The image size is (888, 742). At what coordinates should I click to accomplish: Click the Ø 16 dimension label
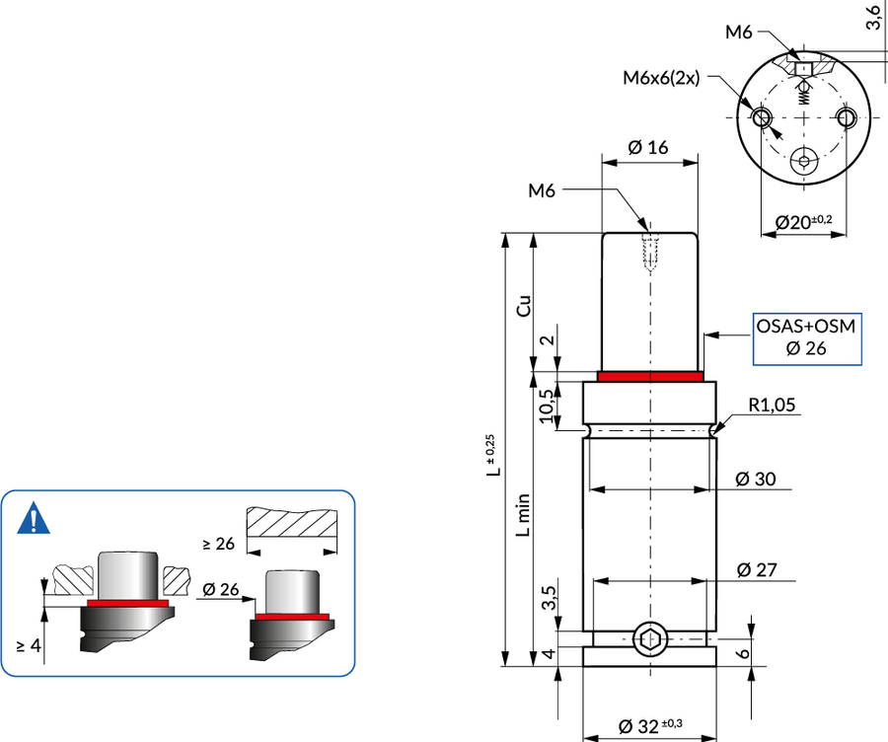(648, 147)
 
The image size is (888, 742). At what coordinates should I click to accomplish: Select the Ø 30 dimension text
(756, 480)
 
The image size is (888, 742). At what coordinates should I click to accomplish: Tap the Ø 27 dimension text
(756, 569)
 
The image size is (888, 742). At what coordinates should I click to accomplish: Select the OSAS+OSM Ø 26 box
(806, 336)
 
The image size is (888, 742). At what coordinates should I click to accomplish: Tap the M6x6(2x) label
(662, 78)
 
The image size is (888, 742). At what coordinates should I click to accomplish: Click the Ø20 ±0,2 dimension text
(803, 222)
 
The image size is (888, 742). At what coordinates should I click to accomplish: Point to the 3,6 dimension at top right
(873, 18)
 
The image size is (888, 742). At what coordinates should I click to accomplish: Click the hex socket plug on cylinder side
(648, 640)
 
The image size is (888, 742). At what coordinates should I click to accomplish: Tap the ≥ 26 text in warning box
(218, 543)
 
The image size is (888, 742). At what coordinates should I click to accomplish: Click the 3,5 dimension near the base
(550, 598)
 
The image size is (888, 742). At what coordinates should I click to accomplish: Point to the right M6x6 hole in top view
(847, 117)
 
